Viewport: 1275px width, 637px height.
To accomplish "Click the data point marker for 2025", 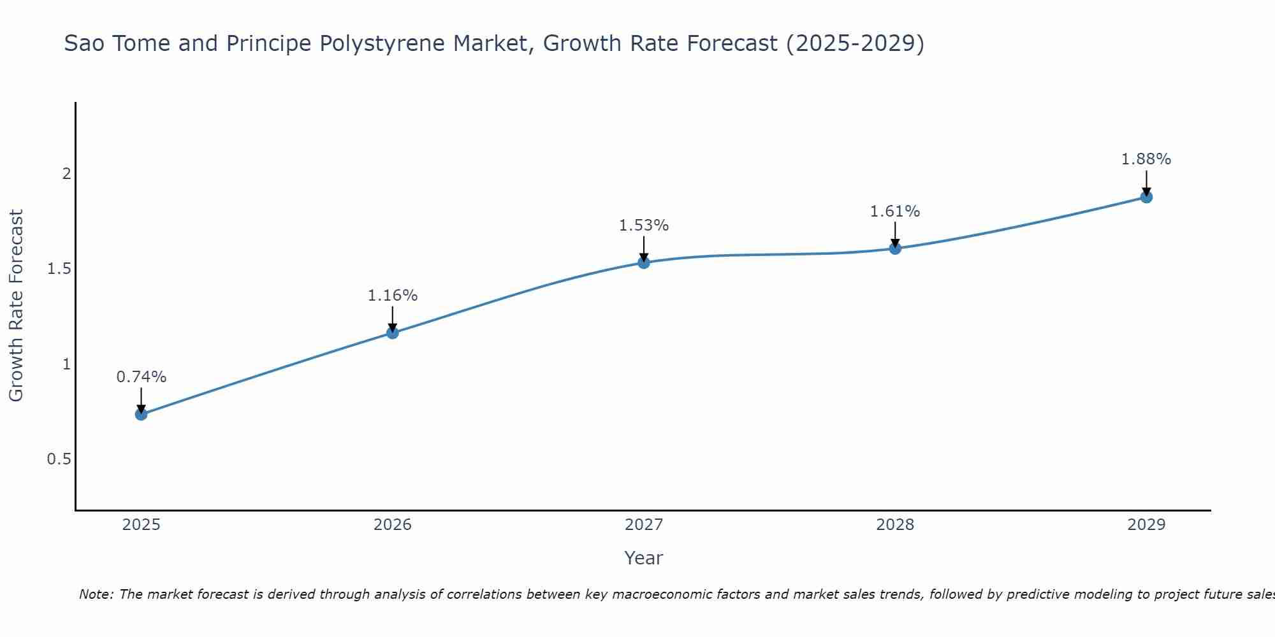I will (141, 415).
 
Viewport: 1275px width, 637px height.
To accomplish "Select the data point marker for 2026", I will (393, 333).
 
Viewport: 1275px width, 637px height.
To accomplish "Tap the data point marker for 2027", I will (644, 262).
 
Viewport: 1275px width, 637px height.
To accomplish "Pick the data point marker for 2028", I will (895, 248).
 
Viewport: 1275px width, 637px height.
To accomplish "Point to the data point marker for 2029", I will (1146, 197).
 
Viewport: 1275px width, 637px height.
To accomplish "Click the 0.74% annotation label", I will (141, 377).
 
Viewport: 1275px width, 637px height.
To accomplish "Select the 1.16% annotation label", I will (393, 296).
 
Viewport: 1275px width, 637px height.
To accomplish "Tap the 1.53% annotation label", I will (644, 225).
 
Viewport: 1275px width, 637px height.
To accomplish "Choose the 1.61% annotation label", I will (895, 211).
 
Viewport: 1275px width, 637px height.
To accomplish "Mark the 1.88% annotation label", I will (1146, 159).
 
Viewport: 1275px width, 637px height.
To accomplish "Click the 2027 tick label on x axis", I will (644, 525).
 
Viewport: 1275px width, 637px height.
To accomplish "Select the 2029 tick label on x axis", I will (1146, 525).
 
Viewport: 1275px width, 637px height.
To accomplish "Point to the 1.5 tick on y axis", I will (59, 269).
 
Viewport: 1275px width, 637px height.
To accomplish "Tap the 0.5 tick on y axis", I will (59, 459).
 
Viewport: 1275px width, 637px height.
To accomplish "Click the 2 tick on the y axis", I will (66, 174).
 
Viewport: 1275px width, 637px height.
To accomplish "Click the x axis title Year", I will (644, 558).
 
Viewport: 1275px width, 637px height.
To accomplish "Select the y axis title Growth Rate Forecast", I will (16, 306).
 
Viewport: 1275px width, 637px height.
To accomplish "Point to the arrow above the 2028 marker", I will (895, 234).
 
